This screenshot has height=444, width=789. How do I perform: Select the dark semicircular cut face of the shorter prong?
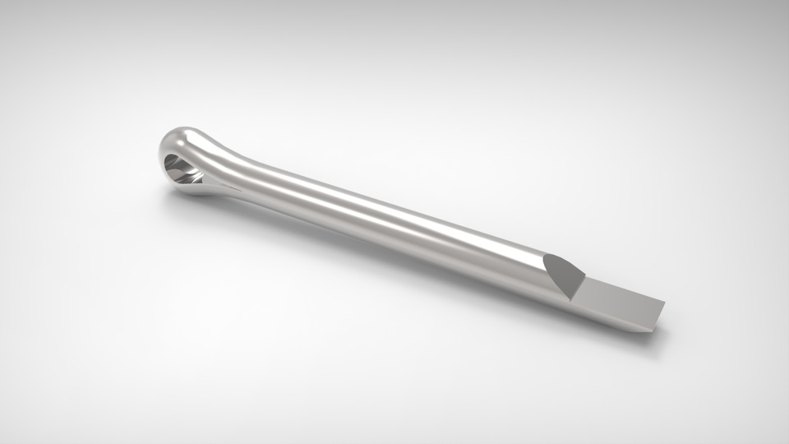[x=562, y=272]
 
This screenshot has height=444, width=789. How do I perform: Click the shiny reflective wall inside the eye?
[x=174, y=164]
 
